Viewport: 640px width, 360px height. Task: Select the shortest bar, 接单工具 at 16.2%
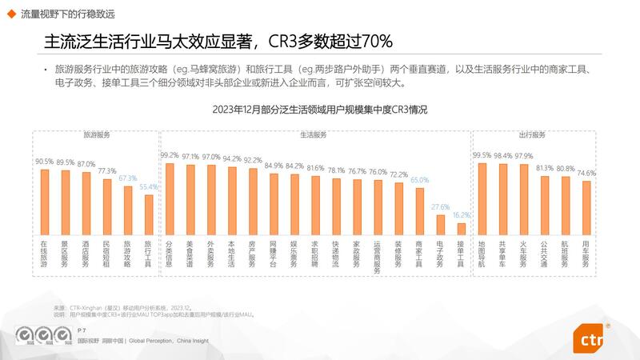(461, 229)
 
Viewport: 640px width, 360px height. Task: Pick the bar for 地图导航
(482, 198)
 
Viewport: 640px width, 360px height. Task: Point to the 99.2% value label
(169, 155)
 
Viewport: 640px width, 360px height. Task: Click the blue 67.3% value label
(128, 178)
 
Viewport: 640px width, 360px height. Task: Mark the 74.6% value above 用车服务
(586, 174)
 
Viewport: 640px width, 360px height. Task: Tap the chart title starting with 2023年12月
(320, 110)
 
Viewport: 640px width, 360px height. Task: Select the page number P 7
(82, 329)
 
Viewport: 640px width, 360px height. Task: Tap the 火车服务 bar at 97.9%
(524, 199)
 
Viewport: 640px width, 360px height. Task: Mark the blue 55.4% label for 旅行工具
(149, 187)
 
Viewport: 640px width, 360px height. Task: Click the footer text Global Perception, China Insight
(167, 340)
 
